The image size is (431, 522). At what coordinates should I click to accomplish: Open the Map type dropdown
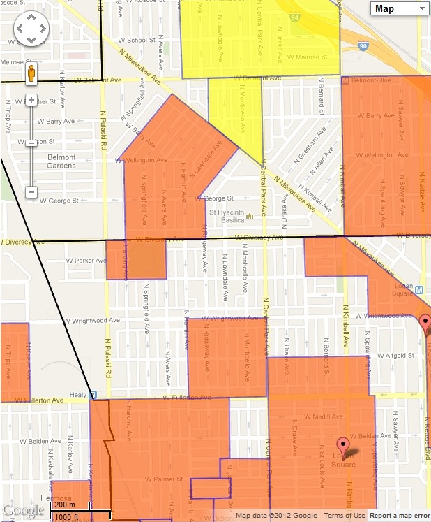400,8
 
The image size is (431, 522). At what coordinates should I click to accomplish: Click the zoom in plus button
31,100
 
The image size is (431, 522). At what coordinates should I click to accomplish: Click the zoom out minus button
31,191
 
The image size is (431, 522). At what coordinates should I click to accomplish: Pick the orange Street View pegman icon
31,73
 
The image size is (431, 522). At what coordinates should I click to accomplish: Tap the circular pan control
31,29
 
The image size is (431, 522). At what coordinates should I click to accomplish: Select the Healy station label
77,395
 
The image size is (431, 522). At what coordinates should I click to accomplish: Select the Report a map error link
400,516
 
